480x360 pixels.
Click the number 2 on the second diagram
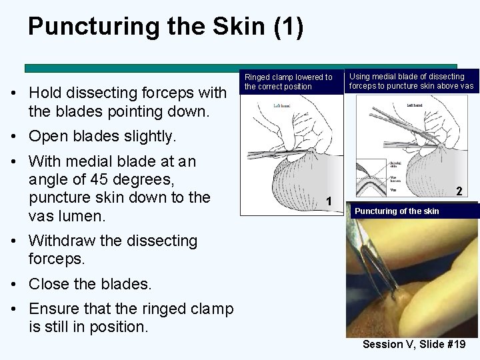coord(459,191)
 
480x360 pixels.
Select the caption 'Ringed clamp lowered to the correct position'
coord(288,82)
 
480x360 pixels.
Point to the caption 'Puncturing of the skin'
coord(397,211)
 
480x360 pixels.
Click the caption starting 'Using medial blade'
coord(411,81)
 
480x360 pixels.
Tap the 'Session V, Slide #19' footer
coord(413,345)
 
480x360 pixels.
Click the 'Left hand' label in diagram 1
coord(282,106)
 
